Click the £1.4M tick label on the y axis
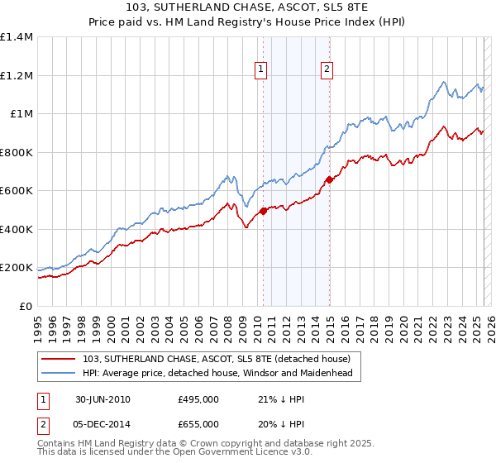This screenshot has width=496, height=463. tap(16, 37)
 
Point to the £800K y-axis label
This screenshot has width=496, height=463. tap(16, 152)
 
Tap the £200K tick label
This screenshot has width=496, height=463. tap(16, 268)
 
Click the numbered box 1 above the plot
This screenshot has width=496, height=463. tap(261, 70)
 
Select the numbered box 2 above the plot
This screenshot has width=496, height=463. tap(327, 70)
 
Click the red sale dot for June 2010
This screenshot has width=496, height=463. tap(264, 211)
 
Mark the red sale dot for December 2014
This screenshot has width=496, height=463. tap(328, 179)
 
